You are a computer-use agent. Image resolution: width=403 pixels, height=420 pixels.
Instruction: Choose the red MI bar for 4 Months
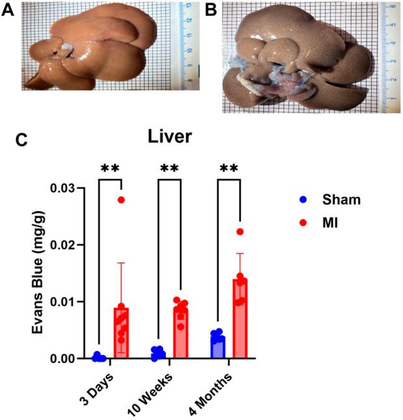click(x=240, y=319)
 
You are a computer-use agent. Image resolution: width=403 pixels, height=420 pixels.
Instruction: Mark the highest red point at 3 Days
click(x=121, y=200)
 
